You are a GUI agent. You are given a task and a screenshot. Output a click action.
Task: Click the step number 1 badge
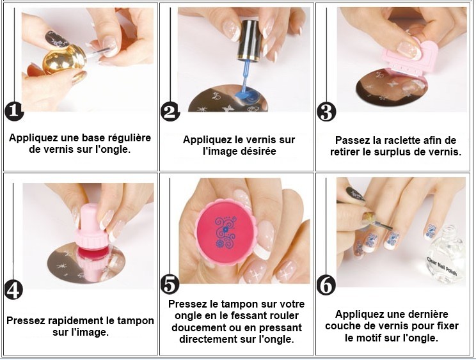14,112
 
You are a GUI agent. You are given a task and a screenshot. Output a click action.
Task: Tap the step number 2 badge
170,111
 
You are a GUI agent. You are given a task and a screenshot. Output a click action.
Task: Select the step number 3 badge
326,112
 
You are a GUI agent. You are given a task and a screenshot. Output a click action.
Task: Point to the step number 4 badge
13,290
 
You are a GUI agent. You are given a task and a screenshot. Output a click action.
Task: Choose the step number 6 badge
326,285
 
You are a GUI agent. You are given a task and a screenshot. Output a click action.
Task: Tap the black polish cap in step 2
250,40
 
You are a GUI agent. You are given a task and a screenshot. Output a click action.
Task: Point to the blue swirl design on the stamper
225,232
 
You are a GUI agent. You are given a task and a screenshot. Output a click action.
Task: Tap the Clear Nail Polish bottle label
442,267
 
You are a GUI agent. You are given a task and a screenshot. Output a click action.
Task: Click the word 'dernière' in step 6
429,314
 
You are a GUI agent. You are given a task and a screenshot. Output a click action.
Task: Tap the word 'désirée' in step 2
258,151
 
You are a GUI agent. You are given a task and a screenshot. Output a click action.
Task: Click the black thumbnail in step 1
57,40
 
